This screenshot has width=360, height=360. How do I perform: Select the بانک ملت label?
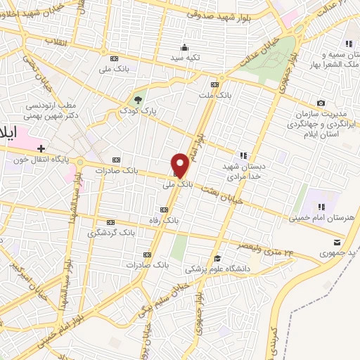click(x=214, y=93)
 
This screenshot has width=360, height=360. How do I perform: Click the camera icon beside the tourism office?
click(x=321, y=104)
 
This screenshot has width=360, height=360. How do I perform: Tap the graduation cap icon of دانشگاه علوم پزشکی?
click(x=217, y=258)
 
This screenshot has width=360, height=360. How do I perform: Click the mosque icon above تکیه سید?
click(x=185, y=47)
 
